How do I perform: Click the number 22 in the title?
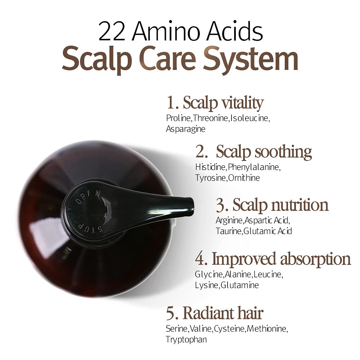pyautogui.click(x=112, y=31)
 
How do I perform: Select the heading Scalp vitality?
pyautogui.click(x=223, y=103)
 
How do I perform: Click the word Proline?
pyautogui.click(x=179, y=118)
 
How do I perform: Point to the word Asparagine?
pyautogui.click(x=185, y=129)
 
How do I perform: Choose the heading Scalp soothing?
pyautogui.click(x=264, y=152)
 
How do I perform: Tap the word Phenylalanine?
pyautogui.click(x=254, y=167)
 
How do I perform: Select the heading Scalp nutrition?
pyautogui.click(x=280, y=205)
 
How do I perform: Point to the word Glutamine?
pyautogui.click(x=240, y=285)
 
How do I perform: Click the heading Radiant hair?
pyautogui.click(x=223, y=313)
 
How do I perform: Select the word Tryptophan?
pyautogui.click(x=186, y=339)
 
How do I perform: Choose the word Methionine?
pyautogui.click(x=267, y=329)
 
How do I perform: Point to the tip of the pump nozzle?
pyautogui.click(x=194, y=204)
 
